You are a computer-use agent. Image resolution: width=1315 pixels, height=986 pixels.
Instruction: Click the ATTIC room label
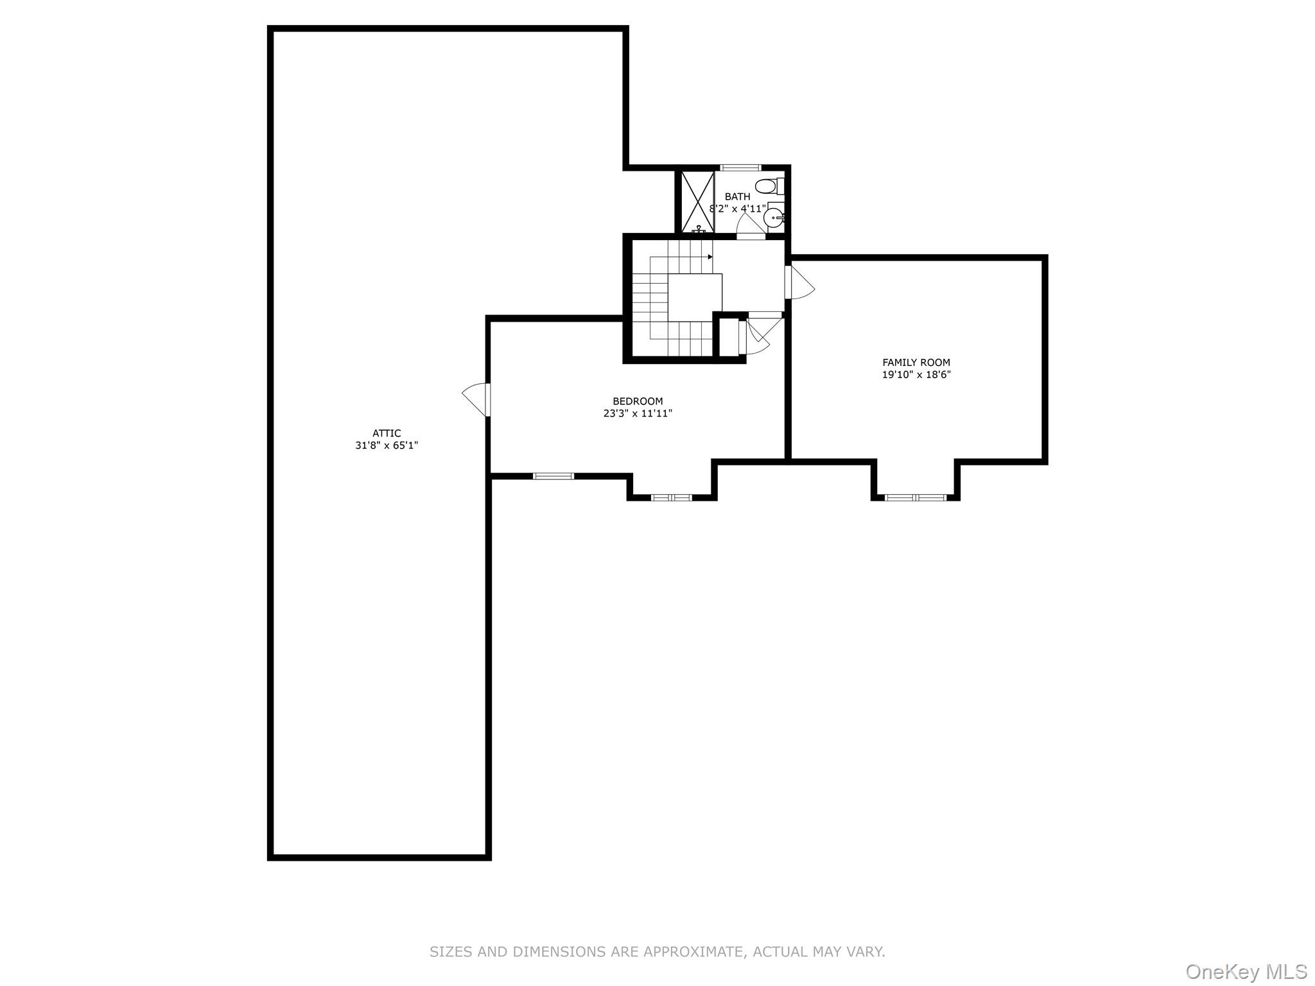[x=387, y=433]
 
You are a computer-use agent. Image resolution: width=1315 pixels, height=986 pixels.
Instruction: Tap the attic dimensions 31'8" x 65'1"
[x=387, y=445]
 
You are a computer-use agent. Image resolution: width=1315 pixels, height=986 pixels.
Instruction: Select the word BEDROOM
[x=638, y=401]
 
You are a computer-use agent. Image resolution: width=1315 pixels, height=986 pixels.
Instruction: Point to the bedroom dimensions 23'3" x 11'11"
[x=638, y=413]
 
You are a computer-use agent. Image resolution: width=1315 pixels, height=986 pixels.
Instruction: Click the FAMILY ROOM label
[x=916, y=362]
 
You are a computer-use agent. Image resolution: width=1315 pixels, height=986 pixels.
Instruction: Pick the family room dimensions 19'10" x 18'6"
[x=916, y=375]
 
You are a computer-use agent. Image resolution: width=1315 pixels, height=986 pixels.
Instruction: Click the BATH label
[x=737, y=196]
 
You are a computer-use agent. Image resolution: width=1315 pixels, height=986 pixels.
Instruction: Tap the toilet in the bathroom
[x=768, y=187]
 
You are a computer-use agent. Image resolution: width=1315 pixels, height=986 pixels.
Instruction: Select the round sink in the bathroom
[x=774, y=218]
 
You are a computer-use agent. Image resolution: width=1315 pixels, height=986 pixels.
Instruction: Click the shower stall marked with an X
[x=697, y=201]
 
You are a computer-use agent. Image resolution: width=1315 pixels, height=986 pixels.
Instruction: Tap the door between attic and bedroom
[x=477, y=399]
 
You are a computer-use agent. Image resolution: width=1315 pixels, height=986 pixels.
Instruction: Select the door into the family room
[x=800, y=282]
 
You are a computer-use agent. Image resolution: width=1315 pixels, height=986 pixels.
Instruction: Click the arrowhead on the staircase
[x=710, y=257]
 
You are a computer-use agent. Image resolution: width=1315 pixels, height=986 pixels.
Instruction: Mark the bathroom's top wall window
[x=740, y=168]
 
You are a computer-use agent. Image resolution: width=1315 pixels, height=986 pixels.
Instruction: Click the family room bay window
[x=915, y=497]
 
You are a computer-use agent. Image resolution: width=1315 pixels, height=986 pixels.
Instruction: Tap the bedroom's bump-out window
[x=672, y=497]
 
